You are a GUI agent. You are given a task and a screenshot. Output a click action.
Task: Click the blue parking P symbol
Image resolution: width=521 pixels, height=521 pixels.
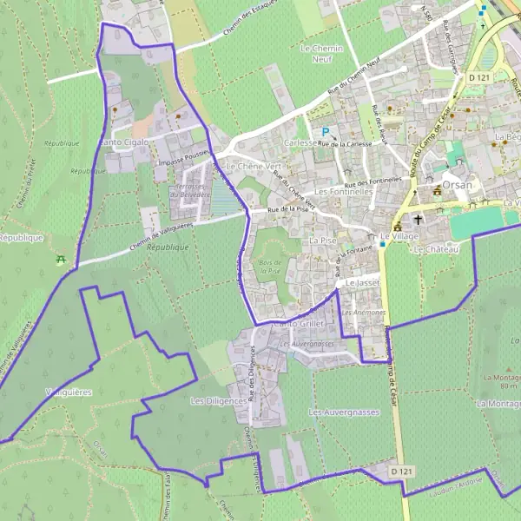click(x=326, y=132)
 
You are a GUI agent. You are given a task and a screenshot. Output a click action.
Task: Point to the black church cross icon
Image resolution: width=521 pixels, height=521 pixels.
click(x=418, y=219)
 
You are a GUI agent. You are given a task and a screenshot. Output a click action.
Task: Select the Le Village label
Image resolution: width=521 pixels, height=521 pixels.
click(x=399, y=236)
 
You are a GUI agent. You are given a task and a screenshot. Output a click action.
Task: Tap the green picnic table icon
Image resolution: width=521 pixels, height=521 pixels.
click(x=61, y=260)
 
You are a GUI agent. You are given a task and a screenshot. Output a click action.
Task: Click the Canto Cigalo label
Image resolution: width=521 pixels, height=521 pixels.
click(x=124, y=142)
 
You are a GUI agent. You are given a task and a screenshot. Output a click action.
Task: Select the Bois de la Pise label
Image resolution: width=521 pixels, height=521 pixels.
click(x=269, y=267)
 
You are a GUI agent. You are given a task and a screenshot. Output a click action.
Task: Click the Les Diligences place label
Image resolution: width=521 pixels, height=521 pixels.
click(x=214, y=401)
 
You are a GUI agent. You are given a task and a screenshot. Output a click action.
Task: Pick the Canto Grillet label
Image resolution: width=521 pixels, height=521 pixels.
click(x=296, y=324)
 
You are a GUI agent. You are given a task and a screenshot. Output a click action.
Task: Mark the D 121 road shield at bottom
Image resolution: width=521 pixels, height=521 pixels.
click(x=401, y=471)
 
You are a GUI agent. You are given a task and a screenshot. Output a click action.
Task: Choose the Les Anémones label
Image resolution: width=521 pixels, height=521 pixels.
click(x=363, y=312)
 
